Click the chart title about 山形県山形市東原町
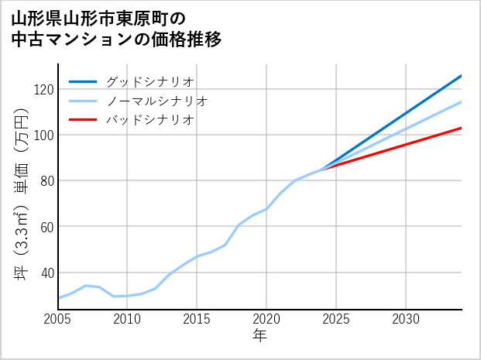[116, 29]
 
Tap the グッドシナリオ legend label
[149, 81]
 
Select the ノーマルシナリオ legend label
[156, 101]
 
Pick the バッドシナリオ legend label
[149, 120]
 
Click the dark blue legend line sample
[84, 81]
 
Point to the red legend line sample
[84, 120]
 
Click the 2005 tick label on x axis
[58, 319]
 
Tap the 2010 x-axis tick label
[127, 319]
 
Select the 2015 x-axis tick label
[197, 319]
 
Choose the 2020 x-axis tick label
[266, 319]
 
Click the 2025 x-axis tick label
[336, 319]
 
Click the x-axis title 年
[260, 336]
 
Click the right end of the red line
[461, 128]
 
